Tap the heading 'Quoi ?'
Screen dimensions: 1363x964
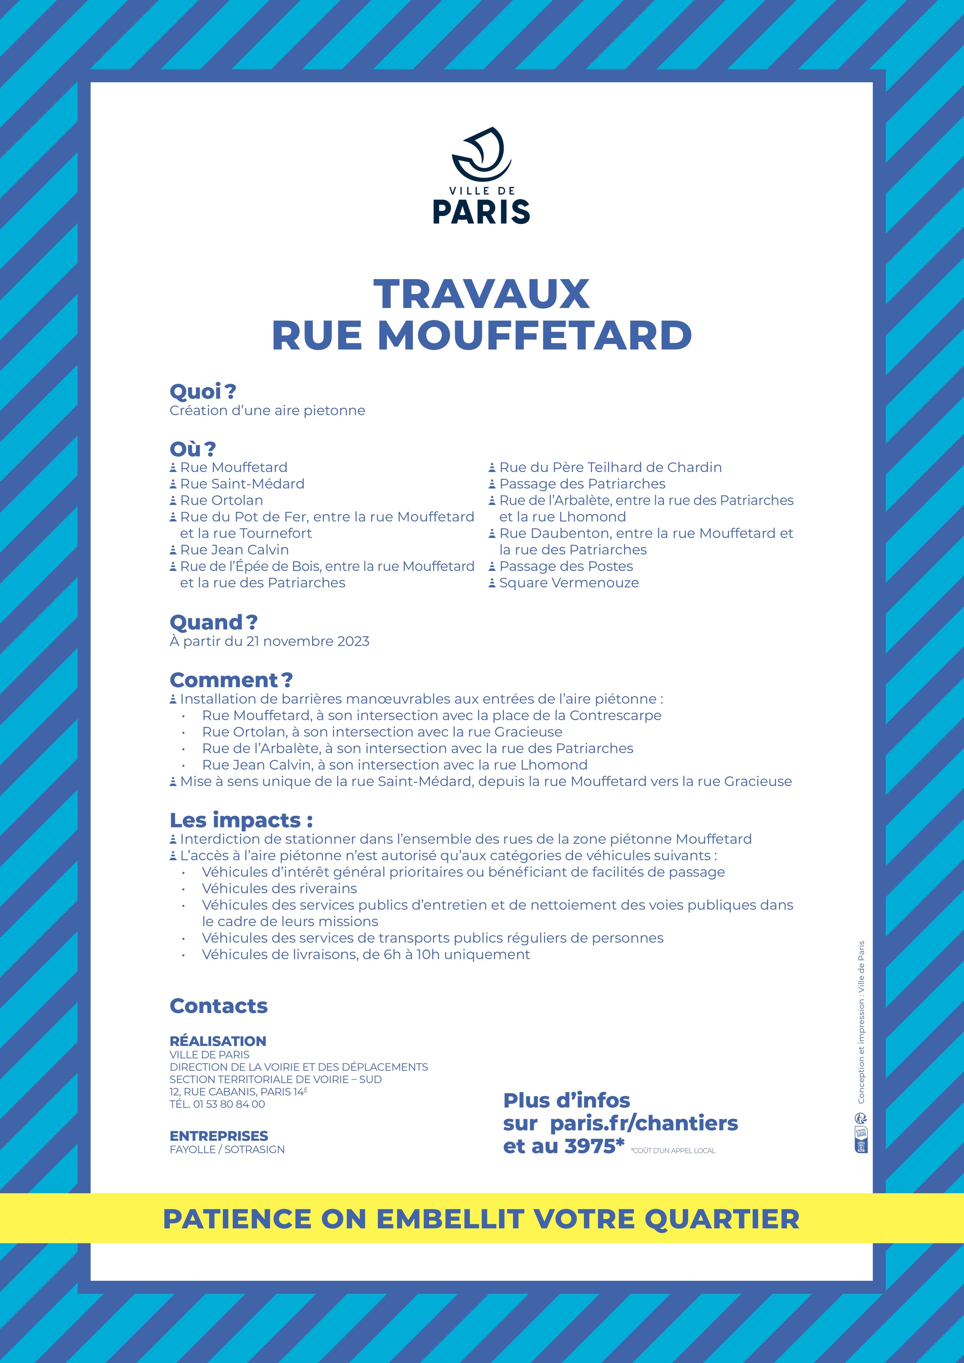(x=203, y=392)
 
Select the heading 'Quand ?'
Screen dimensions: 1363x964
(x=214, y=623)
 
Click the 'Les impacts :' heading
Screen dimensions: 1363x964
(x=241, y=821)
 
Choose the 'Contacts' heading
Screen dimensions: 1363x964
(x=219, y=1006)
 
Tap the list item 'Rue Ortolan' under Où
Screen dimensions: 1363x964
(x=221, y=501)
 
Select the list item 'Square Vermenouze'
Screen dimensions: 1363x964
(x=569, y=583)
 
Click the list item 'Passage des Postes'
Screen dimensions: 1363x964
(x=566, y=566)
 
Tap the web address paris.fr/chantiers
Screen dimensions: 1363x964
(x=644, y=1123)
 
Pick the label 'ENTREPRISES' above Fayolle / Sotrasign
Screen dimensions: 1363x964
(x=219, y=1136)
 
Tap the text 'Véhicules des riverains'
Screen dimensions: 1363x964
(x=279, y=889)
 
